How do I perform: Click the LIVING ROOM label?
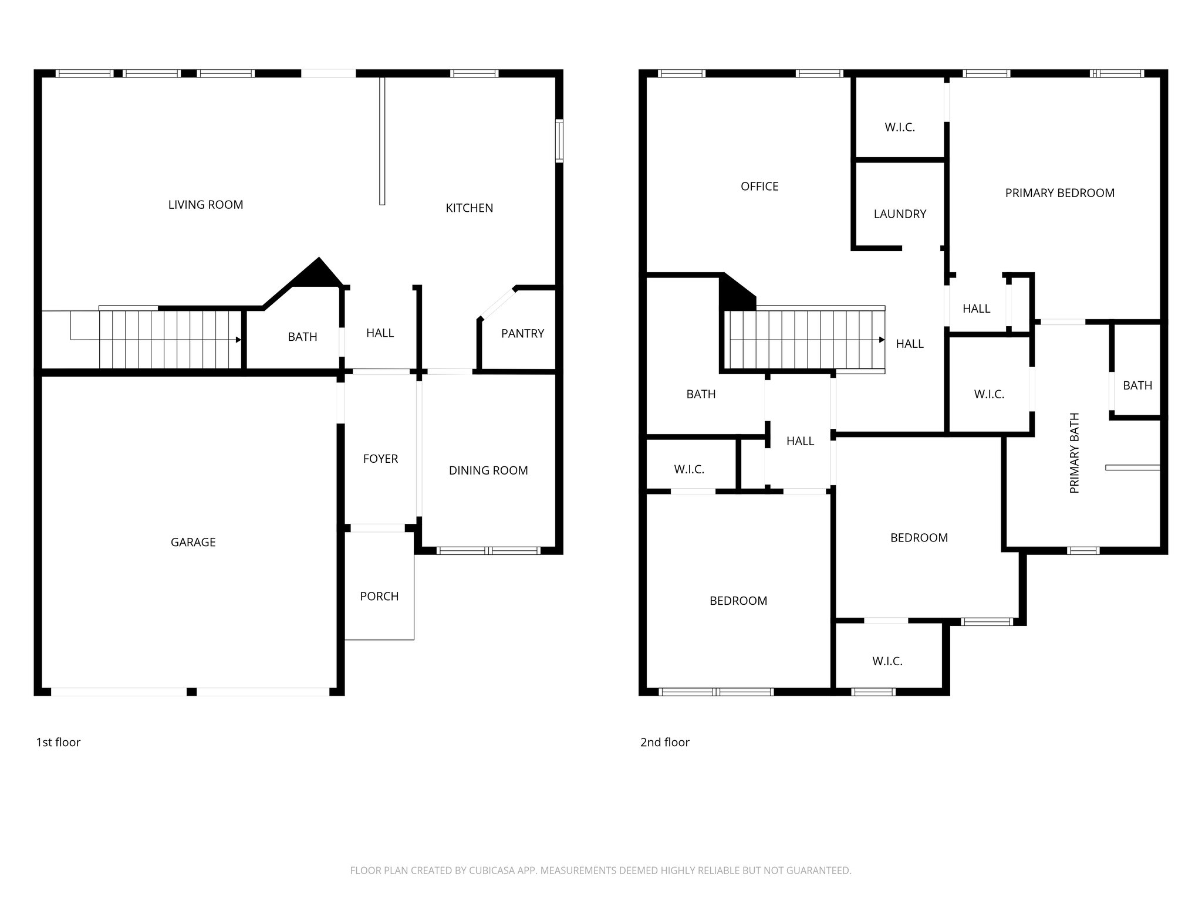[x=205, y=205]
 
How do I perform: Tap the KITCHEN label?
[x=469, y=208]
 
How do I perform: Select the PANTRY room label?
[x=522, y=333]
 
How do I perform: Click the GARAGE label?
[x=193, y=542]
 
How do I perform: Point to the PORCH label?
[x=379, y=596]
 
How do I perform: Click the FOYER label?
[x=380, y=459]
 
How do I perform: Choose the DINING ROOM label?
[x=488, y=470]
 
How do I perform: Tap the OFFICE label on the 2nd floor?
[x=759, y=187]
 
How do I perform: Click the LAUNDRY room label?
[x=900, y=214]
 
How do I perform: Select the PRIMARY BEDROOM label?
[x=1059, y=193]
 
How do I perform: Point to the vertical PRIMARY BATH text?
[x=1075, y=453]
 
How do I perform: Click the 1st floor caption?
[x=58, y=742]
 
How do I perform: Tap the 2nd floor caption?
[x=664, y=742]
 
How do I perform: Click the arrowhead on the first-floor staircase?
[x=238, y=340]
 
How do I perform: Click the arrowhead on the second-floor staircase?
[x=882, y=340]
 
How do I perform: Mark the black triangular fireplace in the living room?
[x=318, y=273]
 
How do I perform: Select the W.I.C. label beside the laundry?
[x=900, y=127]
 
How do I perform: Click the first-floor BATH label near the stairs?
[x=302, y=337]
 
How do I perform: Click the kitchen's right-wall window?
[x=559, y=141]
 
